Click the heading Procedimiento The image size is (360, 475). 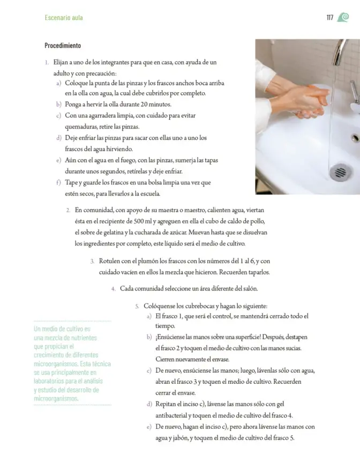[x=63, y=46]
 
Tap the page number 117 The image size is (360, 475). [x=329, y=18]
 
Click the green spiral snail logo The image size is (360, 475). [x=343, y=17]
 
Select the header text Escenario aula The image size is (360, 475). [x=64, y=18]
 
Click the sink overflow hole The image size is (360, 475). [x=355, y=138]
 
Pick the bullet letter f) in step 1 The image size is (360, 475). [x=59, y=183]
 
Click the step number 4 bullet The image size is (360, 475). [x=113, y=288]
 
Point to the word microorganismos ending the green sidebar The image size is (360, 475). [x=56, y=399]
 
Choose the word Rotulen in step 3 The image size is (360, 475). [x=109, y=261]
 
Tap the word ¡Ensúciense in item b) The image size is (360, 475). [x=170, y=337]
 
